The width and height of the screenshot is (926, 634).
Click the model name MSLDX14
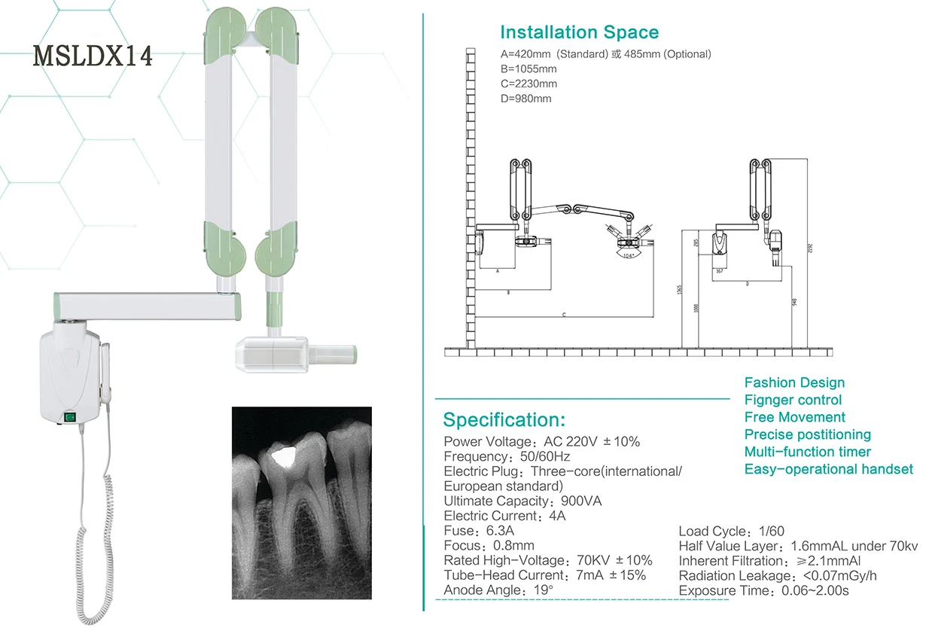pyautogui.click(x=93, y=56)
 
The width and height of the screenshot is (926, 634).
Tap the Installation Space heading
pyautogui.click(x=579, y=32)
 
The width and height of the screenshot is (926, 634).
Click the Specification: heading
pyautogui.click(x=504, y=419)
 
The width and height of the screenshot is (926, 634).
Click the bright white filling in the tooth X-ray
pyautogui.click(x=281, y=455)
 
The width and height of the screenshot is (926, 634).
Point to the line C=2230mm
pyautogui.click(x=528, y=84)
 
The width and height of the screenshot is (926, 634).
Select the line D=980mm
pyautogui.click(x=525, y=99)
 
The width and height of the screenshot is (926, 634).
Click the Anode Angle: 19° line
pyautogui.click(x=498, y=590)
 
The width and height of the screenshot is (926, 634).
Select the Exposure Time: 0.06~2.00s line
pyautogui.click(x=763, y=591)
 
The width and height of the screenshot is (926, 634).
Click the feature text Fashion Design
pyautogui.click(x=794, y=383)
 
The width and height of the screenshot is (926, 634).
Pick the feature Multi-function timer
pyautogui.click(x=807, y=452)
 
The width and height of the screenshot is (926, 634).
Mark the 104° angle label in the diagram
pyautogui.click(x=626, y=256)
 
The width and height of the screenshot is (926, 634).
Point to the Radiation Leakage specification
pyautogui.click(x=778, y=576)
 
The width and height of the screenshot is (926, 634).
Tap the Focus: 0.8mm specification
pyautogui.click(x=489, y=546)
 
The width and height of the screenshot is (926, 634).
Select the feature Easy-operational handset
pyautogui.click(x=828, y=469)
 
